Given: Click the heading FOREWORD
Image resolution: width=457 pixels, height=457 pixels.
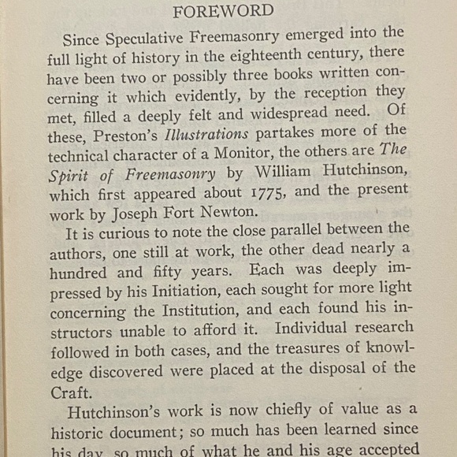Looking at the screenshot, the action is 224,11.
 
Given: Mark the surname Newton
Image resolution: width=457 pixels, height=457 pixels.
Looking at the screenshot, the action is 233,211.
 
